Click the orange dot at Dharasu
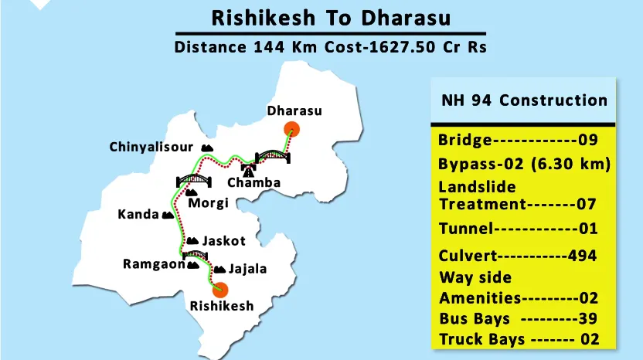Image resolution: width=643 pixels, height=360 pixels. (x=291, y=129)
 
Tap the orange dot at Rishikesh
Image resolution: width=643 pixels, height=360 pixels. (x=221, y=290)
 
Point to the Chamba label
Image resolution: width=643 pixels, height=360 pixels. (x=253, y=183)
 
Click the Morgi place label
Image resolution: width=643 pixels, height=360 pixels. (x=209, y=203)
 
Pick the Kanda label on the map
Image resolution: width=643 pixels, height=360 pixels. (x=138, y=214)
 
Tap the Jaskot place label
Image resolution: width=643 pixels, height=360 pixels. (x=224, y=241)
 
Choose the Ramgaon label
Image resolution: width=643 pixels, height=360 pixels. (x=154, y=264)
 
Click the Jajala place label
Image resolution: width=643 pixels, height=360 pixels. (x=247, y=269)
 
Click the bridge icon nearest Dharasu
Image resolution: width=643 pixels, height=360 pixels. (x=274, y=154)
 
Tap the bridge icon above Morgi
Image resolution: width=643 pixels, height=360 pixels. (x=194, y=180)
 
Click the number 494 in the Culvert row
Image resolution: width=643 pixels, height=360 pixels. (x=581, y=256)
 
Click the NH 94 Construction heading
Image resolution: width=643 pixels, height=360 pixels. (x=524, y=100)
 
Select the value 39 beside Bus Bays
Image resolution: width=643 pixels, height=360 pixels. (x=587, y=319)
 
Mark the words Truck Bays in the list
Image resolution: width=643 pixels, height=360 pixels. (x=481, y=340)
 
